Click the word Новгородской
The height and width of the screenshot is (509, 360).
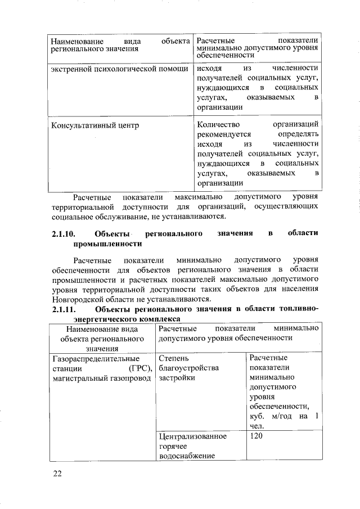tap(77, 299)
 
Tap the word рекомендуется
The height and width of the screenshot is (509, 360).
tap(224, 134)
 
